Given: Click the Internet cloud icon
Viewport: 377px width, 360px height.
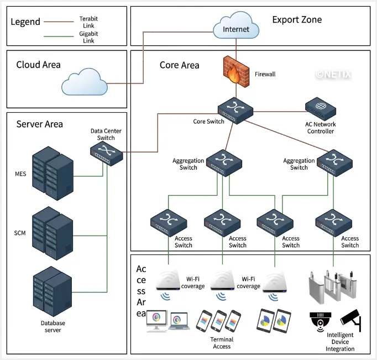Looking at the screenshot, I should pos(235,28).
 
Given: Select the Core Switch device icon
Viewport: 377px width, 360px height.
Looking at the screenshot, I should pos(235,107).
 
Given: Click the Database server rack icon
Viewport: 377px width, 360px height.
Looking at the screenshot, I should pos(53,291).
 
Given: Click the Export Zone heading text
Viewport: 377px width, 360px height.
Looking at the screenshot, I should pos(297,20).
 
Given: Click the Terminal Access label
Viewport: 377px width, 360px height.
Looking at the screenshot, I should pos(222,343).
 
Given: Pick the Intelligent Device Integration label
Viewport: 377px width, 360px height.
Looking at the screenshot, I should pos(341,342).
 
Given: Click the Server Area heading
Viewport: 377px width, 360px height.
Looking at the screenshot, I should pos(40,124).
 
